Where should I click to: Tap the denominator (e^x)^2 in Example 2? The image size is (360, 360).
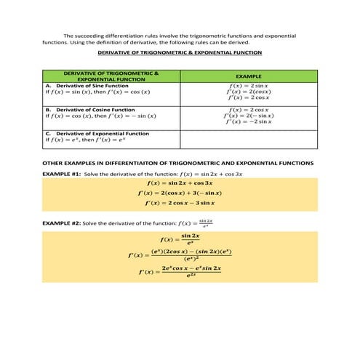[191, 257]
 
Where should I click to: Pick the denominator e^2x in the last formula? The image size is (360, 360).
[191, 276]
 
